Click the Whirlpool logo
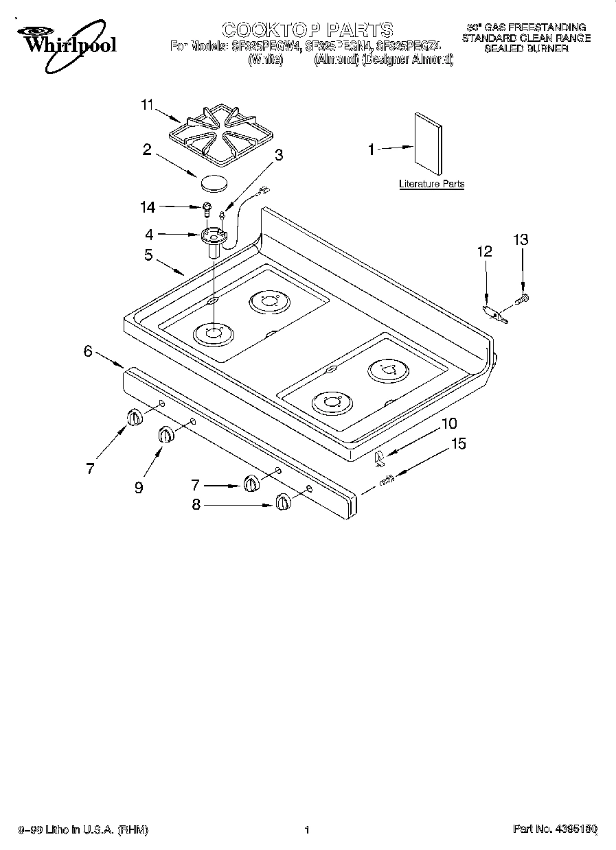(x=66, y=42)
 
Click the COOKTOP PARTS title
(x=308, y=29)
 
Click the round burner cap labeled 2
(x=212, y=182)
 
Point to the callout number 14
(x=148, y=206)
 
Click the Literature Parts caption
(x=431, y=184)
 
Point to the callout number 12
(x=484, y=252)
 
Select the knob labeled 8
(x=282, y=502)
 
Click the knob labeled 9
(x=166, y=434)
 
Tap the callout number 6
(x=88, y=351)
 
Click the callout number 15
(x=458, y=444)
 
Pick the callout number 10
(x=449, y=423)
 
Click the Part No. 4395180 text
(x=555, y=829)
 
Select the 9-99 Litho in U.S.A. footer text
(x=82, y=829)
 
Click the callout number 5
(x=148, y=255)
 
